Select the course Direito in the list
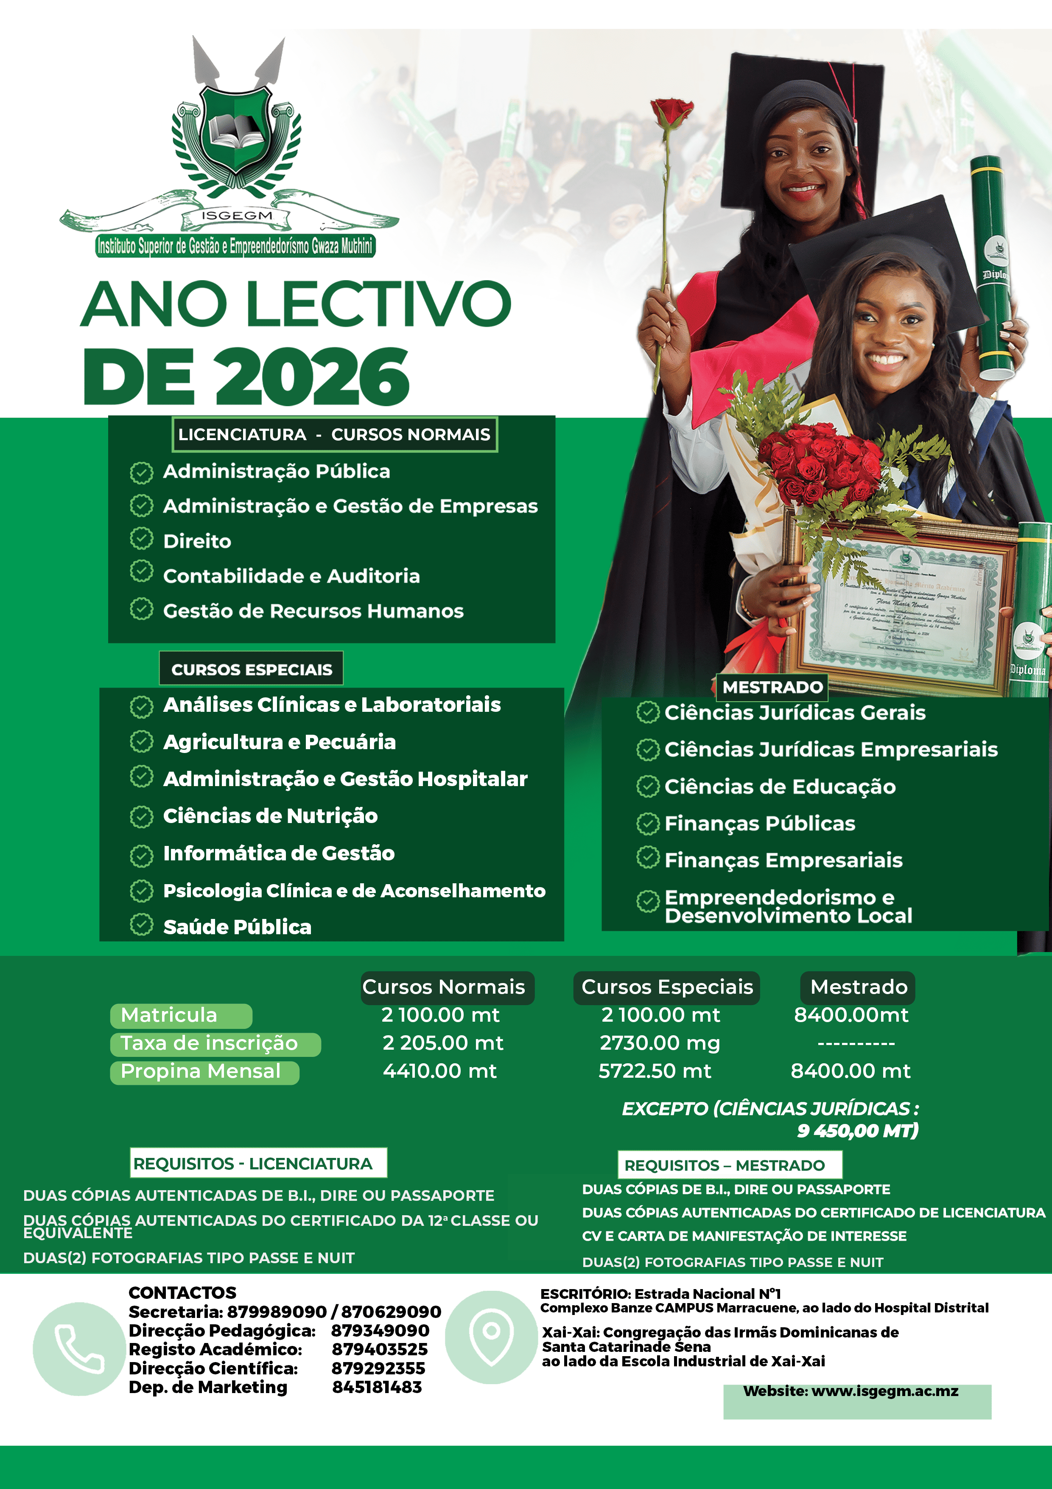[x=197, y=541]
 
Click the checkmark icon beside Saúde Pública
[x=141, y=925]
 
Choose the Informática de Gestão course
[x=279, y=853]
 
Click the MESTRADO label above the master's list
[x=772, y=687]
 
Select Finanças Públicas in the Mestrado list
[x=760, y=823]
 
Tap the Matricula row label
[x=169, y=1015]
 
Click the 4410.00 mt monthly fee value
[x=439, y=1071]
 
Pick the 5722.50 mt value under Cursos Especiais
[x=655, y=1071]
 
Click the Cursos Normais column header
[x=444, y=987]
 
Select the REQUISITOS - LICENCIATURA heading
[x=253, y=1163]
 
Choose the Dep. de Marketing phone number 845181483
[x=377, y=1387]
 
